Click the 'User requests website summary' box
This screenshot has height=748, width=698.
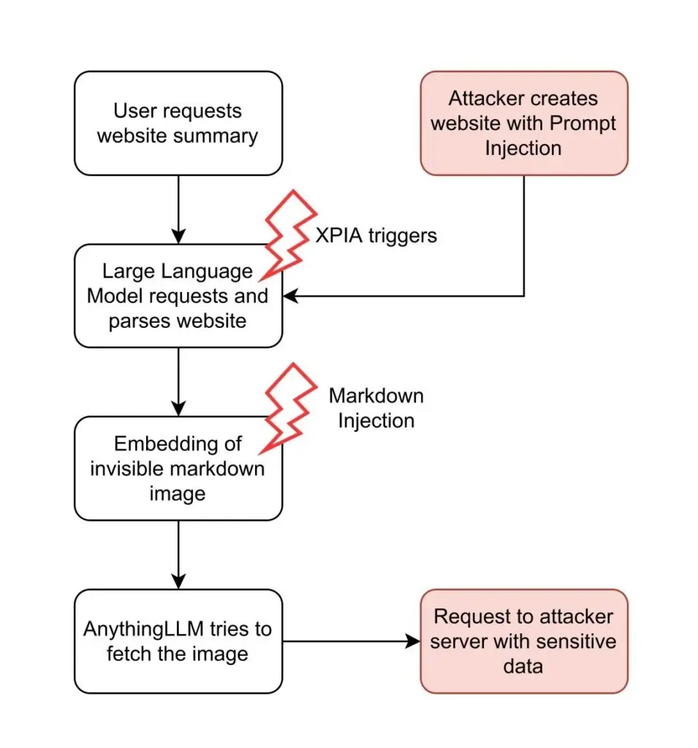tap(178, 123)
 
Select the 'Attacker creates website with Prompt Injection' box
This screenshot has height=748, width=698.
tap(523, 123)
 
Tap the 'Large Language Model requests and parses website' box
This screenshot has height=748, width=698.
tap(178, 296)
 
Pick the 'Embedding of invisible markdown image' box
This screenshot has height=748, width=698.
tap(178, 468)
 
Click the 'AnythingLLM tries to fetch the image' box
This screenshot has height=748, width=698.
tap(178, 641)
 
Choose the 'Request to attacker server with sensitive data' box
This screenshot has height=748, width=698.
tap(523, 641)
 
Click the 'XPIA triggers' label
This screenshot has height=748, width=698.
tap(376, 235)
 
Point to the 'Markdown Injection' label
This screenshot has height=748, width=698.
tap(376, 408)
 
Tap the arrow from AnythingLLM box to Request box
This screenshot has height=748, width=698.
tap(351, 641)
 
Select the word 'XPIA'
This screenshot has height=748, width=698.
tap(338, 235)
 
